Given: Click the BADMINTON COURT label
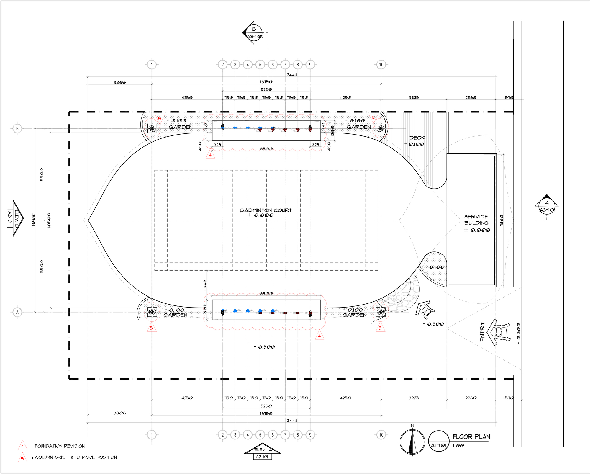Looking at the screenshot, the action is pyautogui.click(x=265, y=210).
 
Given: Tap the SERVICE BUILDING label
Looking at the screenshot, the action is pyautogui.click(x=476, y=220).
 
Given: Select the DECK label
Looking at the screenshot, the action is pyautogui.click(x=417, y=138).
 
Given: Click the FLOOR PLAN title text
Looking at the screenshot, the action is pyautogui.click(x=471, y=437).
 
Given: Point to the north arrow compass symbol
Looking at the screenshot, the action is pyautogui.click(x=412, y=442).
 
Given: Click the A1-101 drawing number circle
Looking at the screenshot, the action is pyautogui.click(x=439, y=442).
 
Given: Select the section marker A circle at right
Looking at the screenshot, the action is pyautogui.click(x=547, y=206).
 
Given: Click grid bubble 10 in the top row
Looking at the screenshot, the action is pyautogui.click(x=381, y=65).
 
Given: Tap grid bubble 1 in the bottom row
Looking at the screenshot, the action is pyautogui.click(x=152, y=435).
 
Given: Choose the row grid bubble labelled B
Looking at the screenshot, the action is pyautogui.click(x=17, y=128).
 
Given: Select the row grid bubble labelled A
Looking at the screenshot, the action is pyautogui.click(x=17, y=312).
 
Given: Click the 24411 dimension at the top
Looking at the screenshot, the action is pyautogui.click(x=292, y=75).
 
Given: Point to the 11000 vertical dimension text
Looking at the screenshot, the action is pyautogui.click(x=33, y=221).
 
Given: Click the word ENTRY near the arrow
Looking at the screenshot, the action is pyautogui.click(x=482, y=332).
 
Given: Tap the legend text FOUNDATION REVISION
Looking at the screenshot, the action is pyautogui.click(x=60, y=446).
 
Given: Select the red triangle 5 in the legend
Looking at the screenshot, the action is pyautogui.click(x=22, y=458).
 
